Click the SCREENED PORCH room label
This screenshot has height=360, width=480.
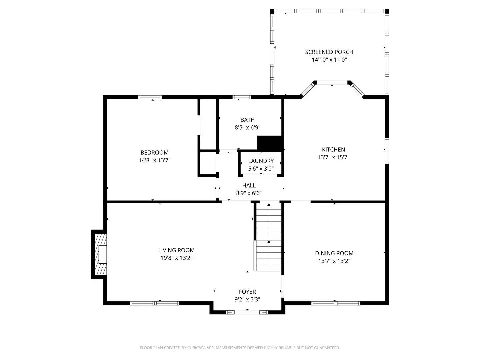(329, 52)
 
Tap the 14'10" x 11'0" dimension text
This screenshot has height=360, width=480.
(329, 60)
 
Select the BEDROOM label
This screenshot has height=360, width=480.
(154, 153)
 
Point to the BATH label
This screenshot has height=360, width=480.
(247, 120)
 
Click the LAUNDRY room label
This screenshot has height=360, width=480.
(261, 161)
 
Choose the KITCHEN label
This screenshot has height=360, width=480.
(333, 150)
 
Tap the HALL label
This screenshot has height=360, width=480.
(249, 186)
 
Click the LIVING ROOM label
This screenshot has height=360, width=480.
(176, 250)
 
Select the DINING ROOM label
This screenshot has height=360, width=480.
(334, 253)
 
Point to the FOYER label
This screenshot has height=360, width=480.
(247, 292)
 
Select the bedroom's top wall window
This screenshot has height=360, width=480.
(150, 97)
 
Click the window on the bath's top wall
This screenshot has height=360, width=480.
(241, 97)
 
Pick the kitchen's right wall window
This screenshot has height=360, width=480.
(387, 151)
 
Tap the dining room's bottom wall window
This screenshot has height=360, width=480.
(336, 303)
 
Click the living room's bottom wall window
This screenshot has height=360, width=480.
(154, 303)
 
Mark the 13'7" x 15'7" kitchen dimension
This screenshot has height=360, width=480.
(333, 157)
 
